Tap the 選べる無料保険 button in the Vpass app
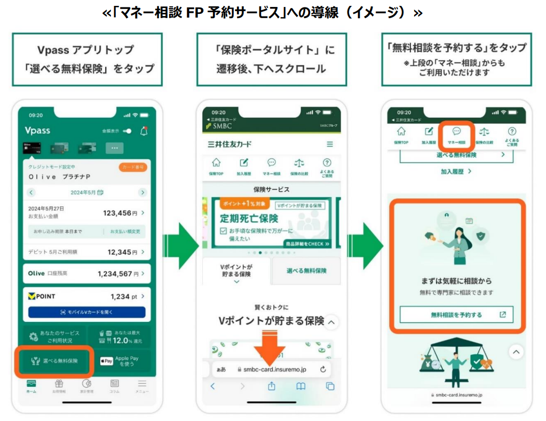54,361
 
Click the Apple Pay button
120,361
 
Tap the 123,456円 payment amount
120,213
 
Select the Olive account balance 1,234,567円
118,273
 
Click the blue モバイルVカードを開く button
86,312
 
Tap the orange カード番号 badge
132,167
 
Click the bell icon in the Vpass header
144,131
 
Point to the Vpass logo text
37,131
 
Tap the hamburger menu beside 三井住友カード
329,144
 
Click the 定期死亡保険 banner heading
249,218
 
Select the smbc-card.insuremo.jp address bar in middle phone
272,369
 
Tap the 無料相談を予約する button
456,314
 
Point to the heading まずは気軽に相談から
456,281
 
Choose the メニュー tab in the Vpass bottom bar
141,386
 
